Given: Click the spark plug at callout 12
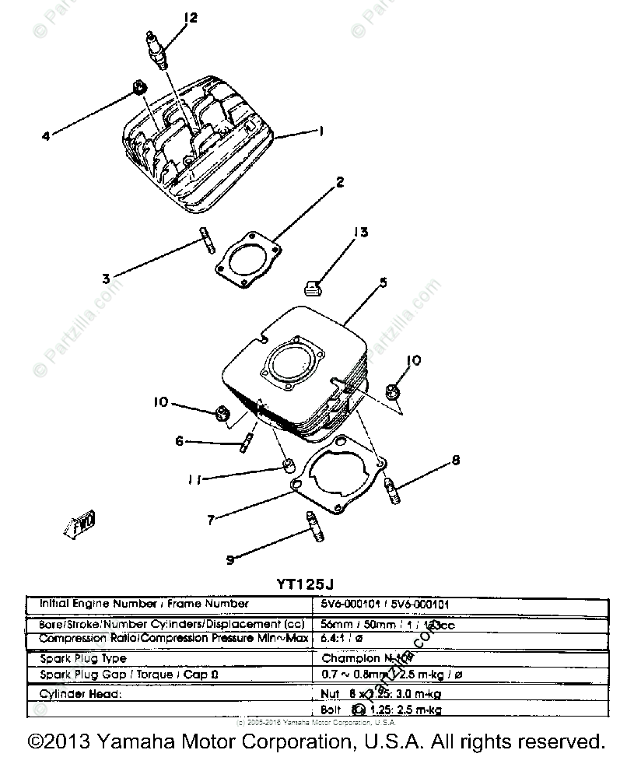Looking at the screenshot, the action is (156, 51).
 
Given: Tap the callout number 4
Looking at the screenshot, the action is (46, 136).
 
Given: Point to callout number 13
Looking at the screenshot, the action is (359, 233).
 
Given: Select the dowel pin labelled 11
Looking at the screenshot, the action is (288, 465).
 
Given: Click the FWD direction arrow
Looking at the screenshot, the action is (80, 527).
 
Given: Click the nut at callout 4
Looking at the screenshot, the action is (138, 88).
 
